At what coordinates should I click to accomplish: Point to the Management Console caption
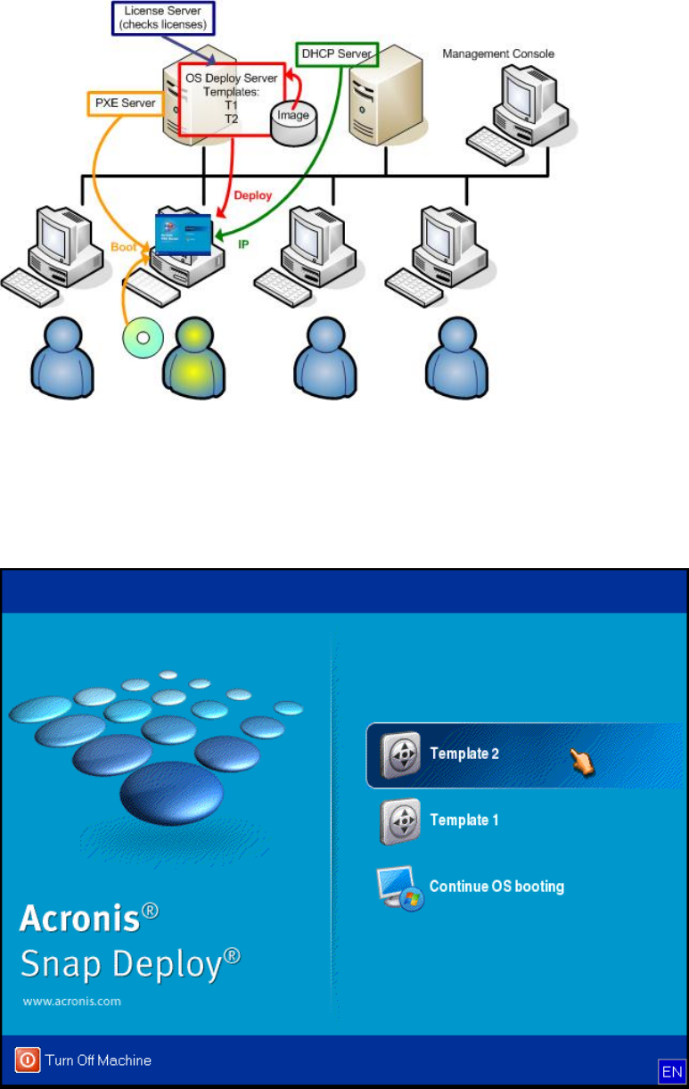click(498, 54)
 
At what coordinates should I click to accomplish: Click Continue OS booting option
click(496, 887)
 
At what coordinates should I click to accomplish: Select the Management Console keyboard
click(496, 140)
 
